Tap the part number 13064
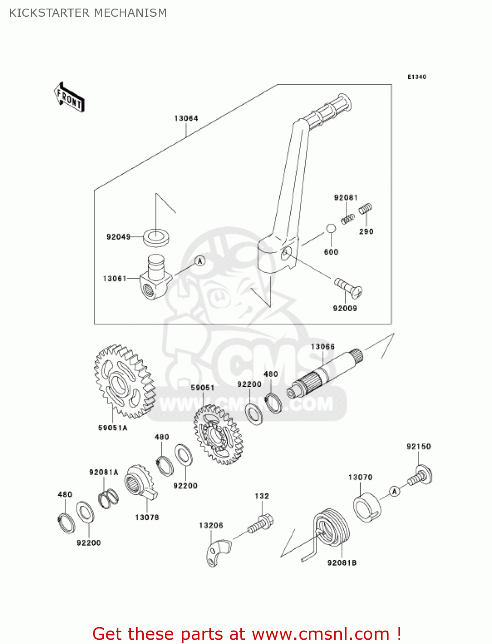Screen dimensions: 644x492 point(186,118)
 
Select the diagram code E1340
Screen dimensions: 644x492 point(417,77)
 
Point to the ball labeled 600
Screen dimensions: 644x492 point(331,228)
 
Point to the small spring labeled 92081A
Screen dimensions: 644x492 point(109,498)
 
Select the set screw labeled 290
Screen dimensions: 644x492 point(365,209)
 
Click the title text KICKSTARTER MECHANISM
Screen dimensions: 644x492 point(88,13)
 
